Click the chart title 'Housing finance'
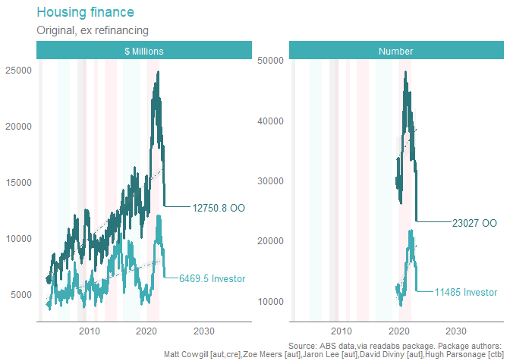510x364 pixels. click(85, 13)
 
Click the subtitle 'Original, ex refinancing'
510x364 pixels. click(92, 30)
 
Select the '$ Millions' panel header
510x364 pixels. click(144, 51)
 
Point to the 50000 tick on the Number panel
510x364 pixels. click(269, 60)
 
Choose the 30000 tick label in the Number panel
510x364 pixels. click(269, 180)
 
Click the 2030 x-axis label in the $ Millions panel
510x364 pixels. click(203, 331)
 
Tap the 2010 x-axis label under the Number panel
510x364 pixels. click(341, 331)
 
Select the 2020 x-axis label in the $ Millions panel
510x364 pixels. click(146, 331)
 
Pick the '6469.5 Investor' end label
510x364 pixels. click(212, 278)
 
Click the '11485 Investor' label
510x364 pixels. click(466, 292)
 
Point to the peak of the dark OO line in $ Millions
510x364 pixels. click(158, 72)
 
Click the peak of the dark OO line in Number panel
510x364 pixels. click(406, 71)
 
